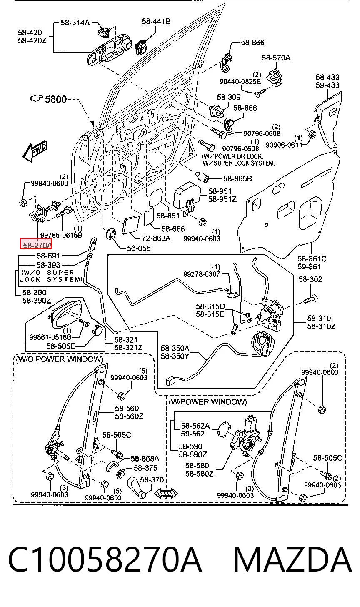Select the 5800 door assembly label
tap(55, 99)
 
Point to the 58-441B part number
tap(156, 21)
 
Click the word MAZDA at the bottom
tap(292, 559)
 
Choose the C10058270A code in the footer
tap(105, 559)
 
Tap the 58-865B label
tap(237, 178)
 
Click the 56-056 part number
tap(139, 248)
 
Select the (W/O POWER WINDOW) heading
tap(60, 359)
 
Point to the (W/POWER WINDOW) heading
tap(208, 402)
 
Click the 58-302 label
tap(310, 279)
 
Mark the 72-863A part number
tap(156, 238)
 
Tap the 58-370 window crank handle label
tap(152, 479)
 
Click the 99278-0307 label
tap(202, 274)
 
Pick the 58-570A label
tap(276, 58)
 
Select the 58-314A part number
tap(75, 23)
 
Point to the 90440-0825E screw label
tap(240, 81)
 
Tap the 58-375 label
tap(145, 468)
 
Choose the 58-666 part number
tap(173, 229)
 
